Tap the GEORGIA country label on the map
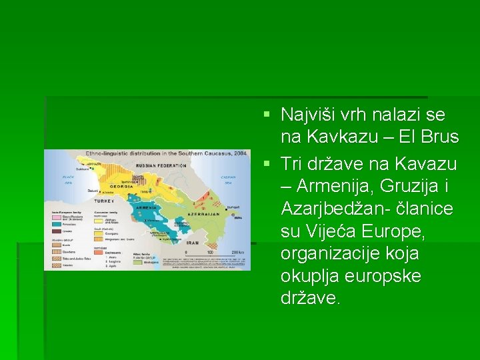121,187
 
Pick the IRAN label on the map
193,243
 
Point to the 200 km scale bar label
237,253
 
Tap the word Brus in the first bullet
442,137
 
